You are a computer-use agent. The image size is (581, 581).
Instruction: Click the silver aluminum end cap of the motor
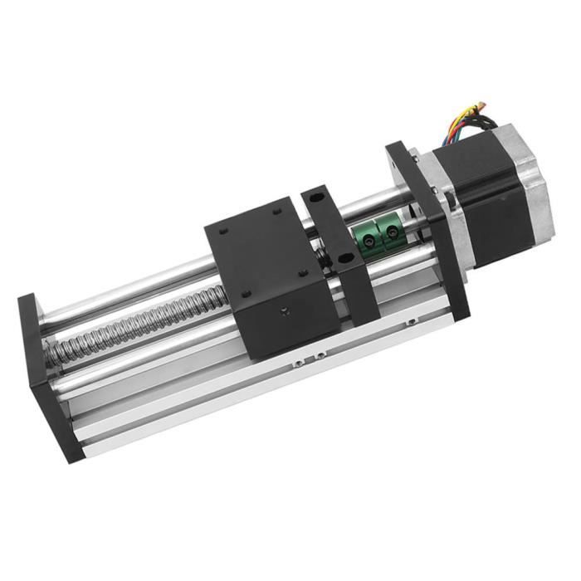click(x=531, y=199)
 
